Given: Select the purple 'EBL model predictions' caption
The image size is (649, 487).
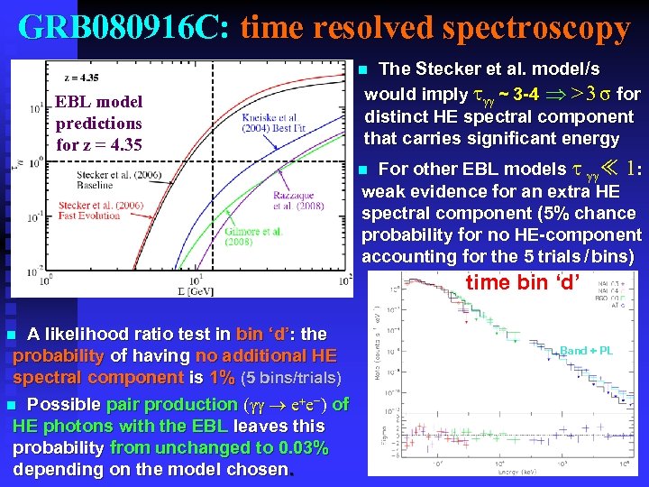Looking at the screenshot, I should pos(98,123).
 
